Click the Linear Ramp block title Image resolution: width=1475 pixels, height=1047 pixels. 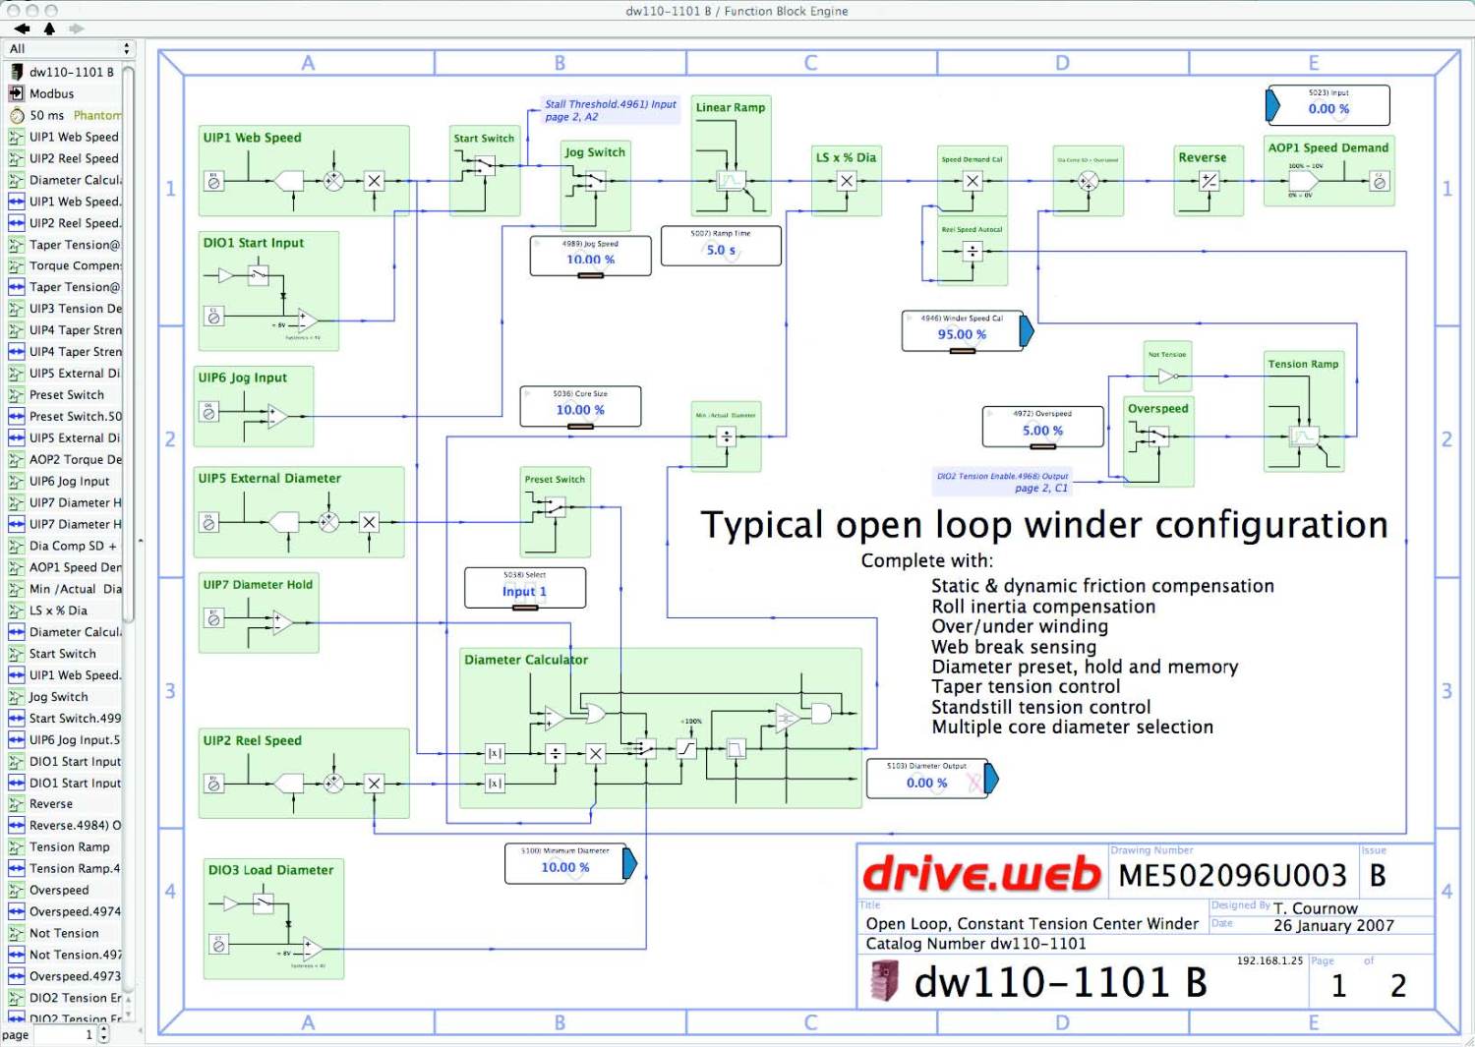(730, 107)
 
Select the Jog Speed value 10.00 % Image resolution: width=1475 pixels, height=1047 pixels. (590, 260)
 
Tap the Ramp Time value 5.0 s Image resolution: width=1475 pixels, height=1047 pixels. (721, 250)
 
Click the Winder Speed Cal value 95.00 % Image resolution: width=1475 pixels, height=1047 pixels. (961, 334)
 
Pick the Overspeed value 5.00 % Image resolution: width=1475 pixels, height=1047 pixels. (1042, 431)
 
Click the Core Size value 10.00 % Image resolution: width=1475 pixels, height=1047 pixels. (580, 410)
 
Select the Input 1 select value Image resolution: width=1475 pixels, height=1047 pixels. (524, 591)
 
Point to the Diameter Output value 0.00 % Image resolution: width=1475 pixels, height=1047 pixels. (926, 783)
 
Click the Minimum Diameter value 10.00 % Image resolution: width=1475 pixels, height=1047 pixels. (565, 867)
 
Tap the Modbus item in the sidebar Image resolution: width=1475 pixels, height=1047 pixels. (51, 93)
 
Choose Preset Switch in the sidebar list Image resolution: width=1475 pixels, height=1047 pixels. (66, 394)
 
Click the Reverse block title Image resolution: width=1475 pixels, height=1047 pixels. (1202, 157)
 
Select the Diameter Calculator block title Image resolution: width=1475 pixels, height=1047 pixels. (526, 660)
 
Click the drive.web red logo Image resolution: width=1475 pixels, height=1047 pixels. (981, 874)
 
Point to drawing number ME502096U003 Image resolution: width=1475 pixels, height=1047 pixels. (1232, 875)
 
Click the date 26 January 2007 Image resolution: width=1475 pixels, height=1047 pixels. (1333, 925)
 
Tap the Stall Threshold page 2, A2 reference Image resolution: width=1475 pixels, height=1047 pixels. (611, 110)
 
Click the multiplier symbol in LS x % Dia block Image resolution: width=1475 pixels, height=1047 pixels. (847, 181)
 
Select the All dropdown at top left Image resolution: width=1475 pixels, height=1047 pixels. (69, 48)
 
